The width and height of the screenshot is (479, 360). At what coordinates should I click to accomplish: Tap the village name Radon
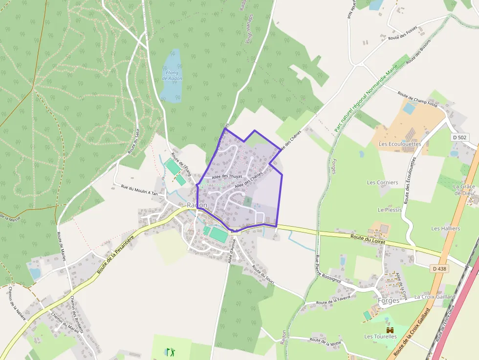pos(197,205)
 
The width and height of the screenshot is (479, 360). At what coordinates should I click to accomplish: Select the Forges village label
pos(389,300)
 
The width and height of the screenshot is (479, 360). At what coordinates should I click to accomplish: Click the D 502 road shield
pos(460,137)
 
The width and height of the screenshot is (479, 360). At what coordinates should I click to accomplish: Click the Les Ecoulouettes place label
pos(399,144)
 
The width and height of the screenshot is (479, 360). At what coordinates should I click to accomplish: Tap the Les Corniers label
pos(382,183)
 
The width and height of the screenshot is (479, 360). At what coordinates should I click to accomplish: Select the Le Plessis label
pos(389,210)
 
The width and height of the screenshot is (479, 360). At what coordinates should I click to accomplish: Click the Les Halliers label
pos(445,228)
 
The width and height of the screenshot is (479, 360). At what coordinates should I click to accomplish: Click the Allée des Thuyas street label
pos(227,176)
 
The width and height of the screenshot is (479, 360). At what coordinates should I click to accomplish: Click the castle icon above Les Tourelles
pos(390,330)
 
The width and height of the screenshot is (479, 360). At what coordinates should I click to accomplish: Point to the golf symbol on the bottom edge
pos(171,351)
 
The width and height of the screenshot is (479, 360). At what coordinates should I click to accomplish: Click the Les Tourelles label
pos(380,337)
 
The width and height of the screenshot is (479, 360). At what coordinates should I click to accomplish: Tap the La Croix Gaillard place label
pos(435,296)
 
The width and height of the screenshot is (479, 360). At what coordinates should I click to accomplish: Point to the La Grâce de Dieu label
pos(464,190)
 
